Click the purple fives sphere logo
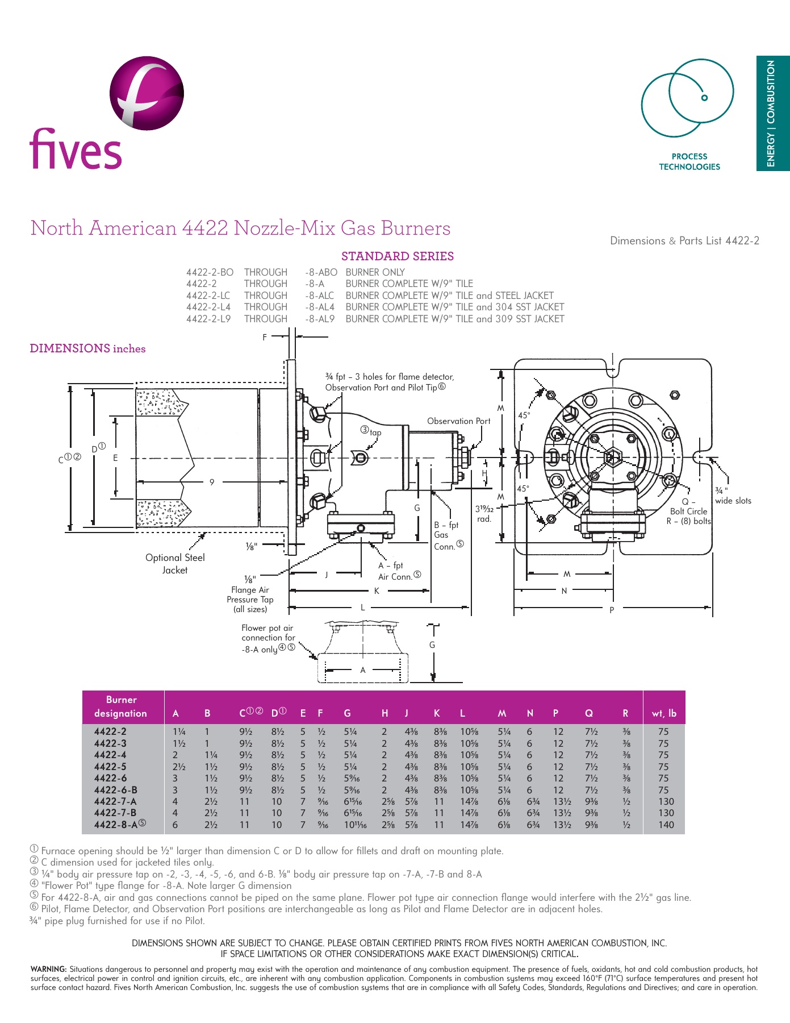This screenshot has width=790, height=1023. pos(147,93)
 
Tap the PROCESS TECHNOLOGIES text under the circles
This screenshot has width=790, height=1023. pos(689,161)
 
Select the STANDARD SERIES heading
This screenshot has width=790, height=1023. pos(397,256)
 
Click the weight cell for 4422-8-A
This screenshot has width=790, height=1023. pos(663,825)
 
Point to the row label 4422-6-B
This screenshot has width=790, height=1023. pos(115,790)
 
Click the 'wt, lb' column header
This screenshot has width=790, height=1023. pos(663,713)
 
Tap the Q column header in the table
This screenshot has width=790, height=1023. pos(589,713)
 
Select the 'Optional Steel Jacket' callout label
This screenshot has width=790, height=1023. pos(175,564)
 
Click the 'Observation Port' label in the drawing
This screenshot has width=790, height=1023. pos(458,421)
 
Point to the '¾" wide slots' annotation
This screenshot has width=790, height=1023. pos(732,496)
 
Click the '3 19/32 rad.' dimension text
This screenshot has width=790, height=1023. pos(484,514)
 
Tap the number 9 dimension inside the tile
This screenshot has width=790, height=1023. pos(212,482)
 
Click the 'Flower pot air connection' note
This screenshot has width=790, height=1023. pos(267,638)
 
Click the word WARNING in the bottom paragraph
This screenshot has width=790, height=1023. pos(48,969)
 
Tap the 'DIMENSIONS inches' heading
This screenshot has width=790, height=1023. pos(87,348)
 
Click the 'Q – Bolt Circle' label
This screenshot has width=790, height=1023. pos(688,506)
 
